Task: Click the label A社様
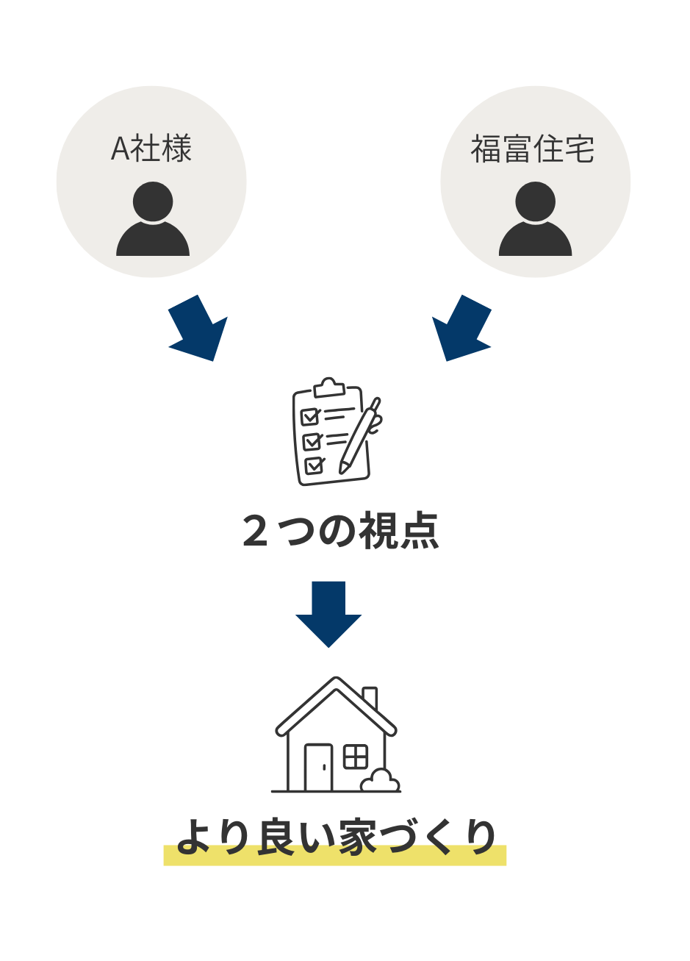pos(151,149)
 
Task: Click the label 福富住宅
pos(533,149)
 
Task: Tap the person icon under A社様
pos(153,220)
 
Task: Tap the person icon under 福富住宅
pos(535,220)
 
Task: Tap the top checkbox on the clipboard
pos(310,417)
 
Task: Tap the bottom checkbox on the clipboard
pos(315,465)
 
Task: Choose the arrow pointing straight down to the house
pos(328,614)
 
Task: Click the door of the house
pos(318,768)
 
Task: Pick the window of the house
pos(356,757)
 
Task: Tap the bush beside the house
pos(381,781)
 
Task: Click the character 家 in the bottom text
pos(358,838)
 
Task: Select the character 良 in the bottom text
pos(276,838)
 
